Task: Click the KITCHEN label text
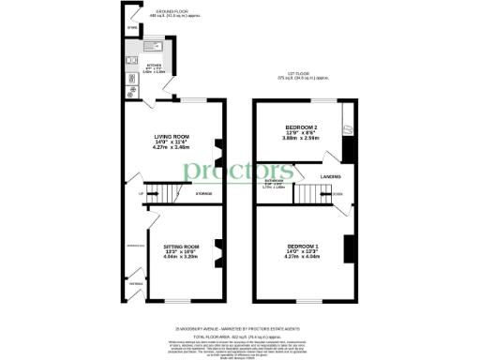153,67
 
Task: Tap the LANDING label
331,175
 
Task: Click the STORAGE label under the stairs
203,194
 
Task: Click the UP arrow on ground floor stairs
142,194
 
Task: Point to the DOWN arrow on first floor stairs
337,194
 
